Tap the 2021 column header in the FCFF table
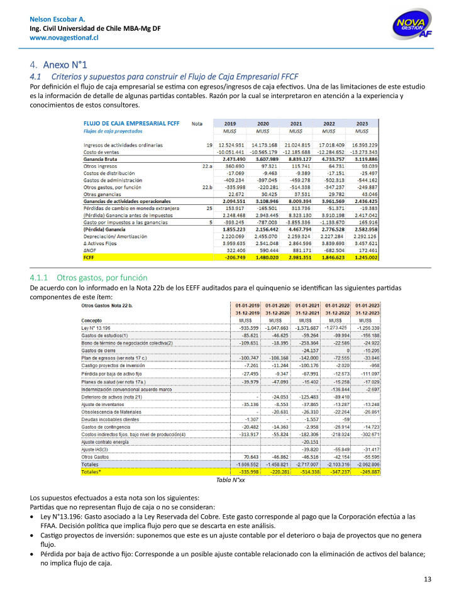296,124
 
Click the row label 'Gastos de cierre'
100,349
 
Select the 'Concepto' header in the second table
92,320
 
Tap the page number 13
428,579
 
